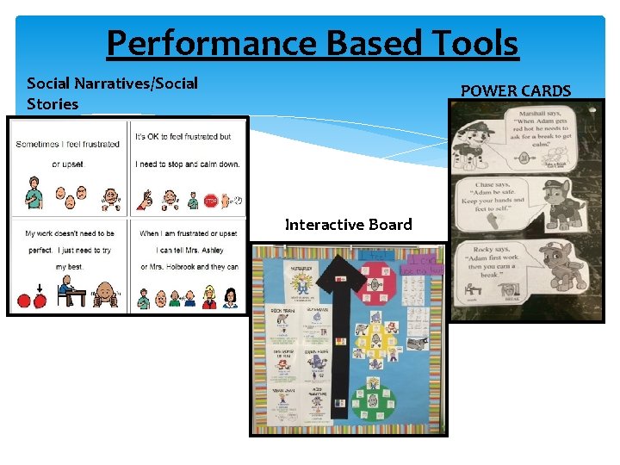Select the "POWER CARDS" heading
(x=516, y=90)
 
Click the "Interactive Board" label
(x=348, y=225)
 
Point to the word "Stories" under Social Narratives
(x=53, y=104)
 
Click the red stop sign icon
(x=210, y=201)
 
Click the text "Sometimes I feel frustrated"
(x=67, y=144)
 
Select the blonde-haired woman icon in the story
(x=209, y=297)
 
